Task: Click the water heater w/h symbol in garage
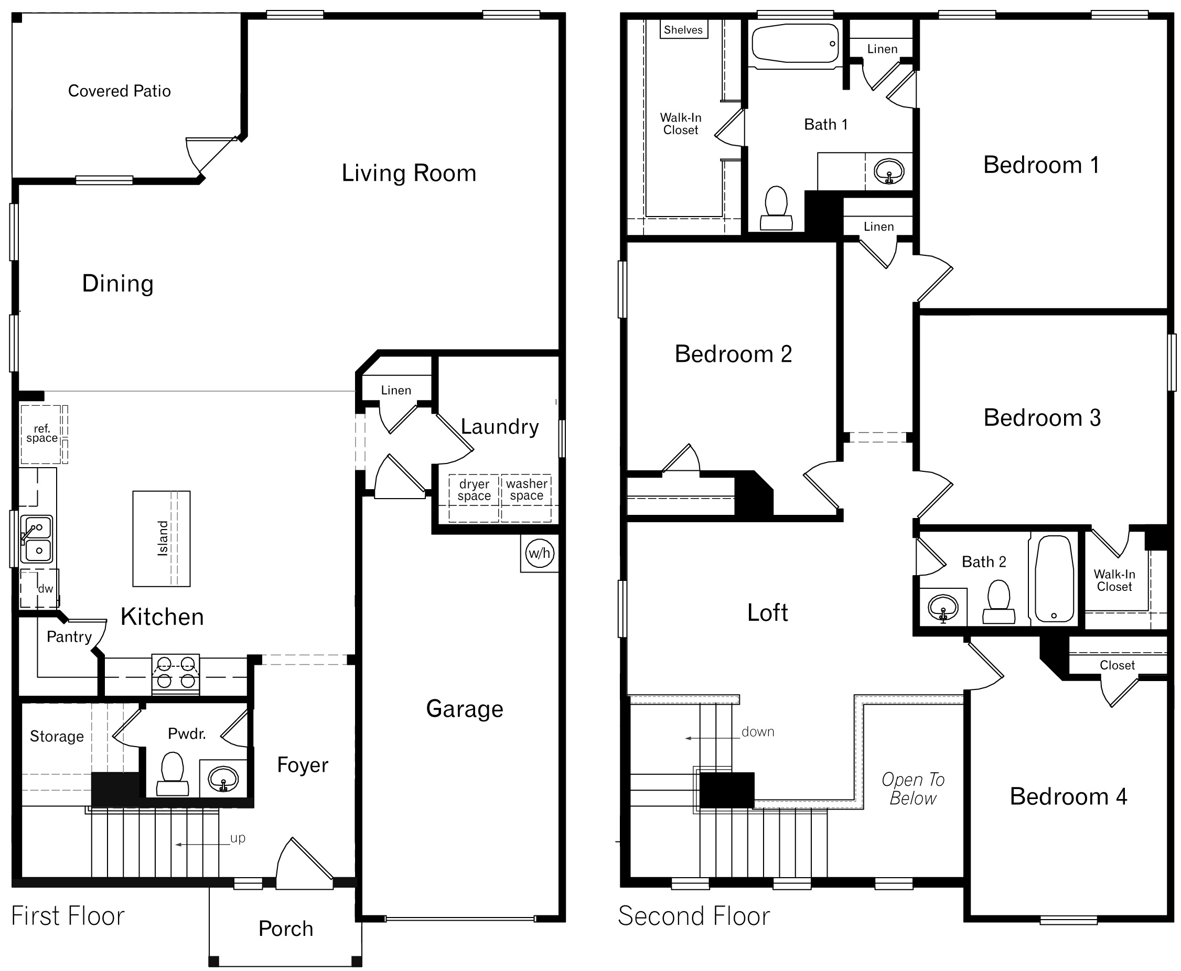point(539,553)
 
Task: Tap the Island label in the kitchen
point(163,538)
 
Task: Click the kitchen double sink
point(37,539)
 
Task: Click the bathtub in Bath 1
point(795,44)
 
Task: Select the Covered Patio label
point(119,91)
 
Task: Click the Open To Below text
point(913,789)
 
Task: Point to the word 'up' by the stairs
point(238,838)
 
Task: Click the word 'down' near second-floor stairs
point(757,731)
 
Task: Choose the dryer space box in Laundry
point(474,490)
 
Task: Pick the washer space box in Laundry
point(527,490)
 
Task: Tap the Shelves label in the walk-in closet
point(683,30)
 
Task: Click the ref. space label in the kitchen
point(41,434)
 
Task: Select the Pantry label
point(69,636)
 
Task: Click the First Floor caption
point(68,916)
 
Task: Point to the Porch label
point(286,929)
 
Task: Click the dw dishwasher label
point(45,588)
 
